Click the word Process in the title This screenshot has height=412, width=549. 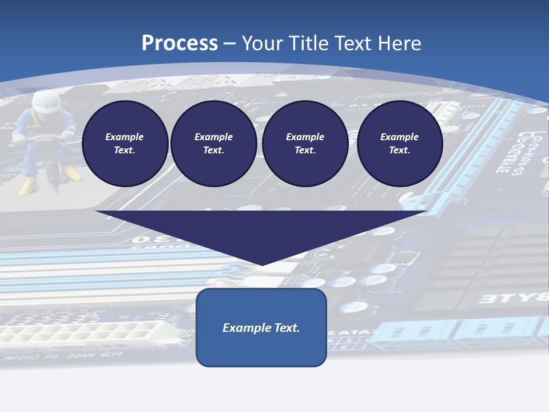(180, 43)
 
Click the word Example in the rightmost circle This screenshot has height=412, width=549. (399, 137)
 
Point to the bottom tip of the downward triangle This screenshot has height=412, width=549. (262, 264)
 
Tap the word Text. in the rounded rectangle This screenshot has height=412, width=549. (285, 328)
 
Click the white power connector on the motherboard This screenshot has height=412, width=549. (80, 332)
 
